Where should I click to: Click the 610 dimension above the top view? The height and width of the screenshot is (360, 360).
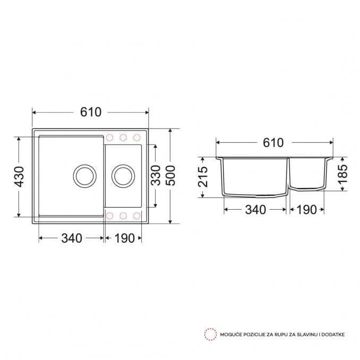pyautogui.click(x=91, y=112)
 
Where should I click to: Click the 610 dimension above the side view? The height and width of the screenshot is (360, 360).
pyautogui.click(x=273, y=143)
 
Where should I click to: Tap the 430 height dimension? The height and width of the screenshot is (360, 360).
pyautogui.click(x=19, y=177)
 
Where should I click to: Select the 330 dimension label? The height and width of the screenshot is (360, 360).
pyautogui.click(x=156, y=175)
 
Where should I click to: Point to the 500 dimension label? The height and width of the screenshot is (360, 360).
pyautogui.click(x=170, y=175)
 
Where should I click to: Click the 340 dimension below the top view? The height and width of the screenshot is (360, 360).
pyautogui.click(x=72, y=238)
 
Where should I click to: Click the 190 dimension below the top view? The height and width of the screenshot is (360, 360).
pyautogui.click(x=124, y=238)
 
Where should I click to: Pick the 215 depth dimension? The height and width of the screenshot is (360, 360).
pyautogui.click(x=203, y=177)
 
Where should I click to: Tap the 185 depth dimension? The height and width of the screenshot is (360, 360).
pyautogui.click(x=343, y=174)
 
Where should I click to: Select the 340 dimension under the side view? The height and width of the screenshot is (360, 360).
pyautogui.click(x=255, y=210)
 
